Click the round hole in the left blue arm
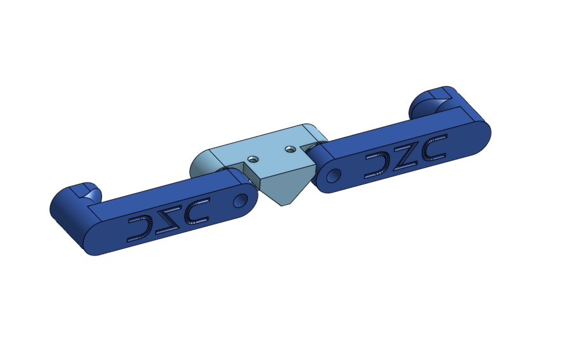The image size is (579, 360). tap(240, 200)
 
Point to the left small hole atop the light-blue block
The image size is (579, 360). tap(253, 157)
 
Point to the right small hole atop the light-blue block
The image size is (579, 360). tap(290, 150)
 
